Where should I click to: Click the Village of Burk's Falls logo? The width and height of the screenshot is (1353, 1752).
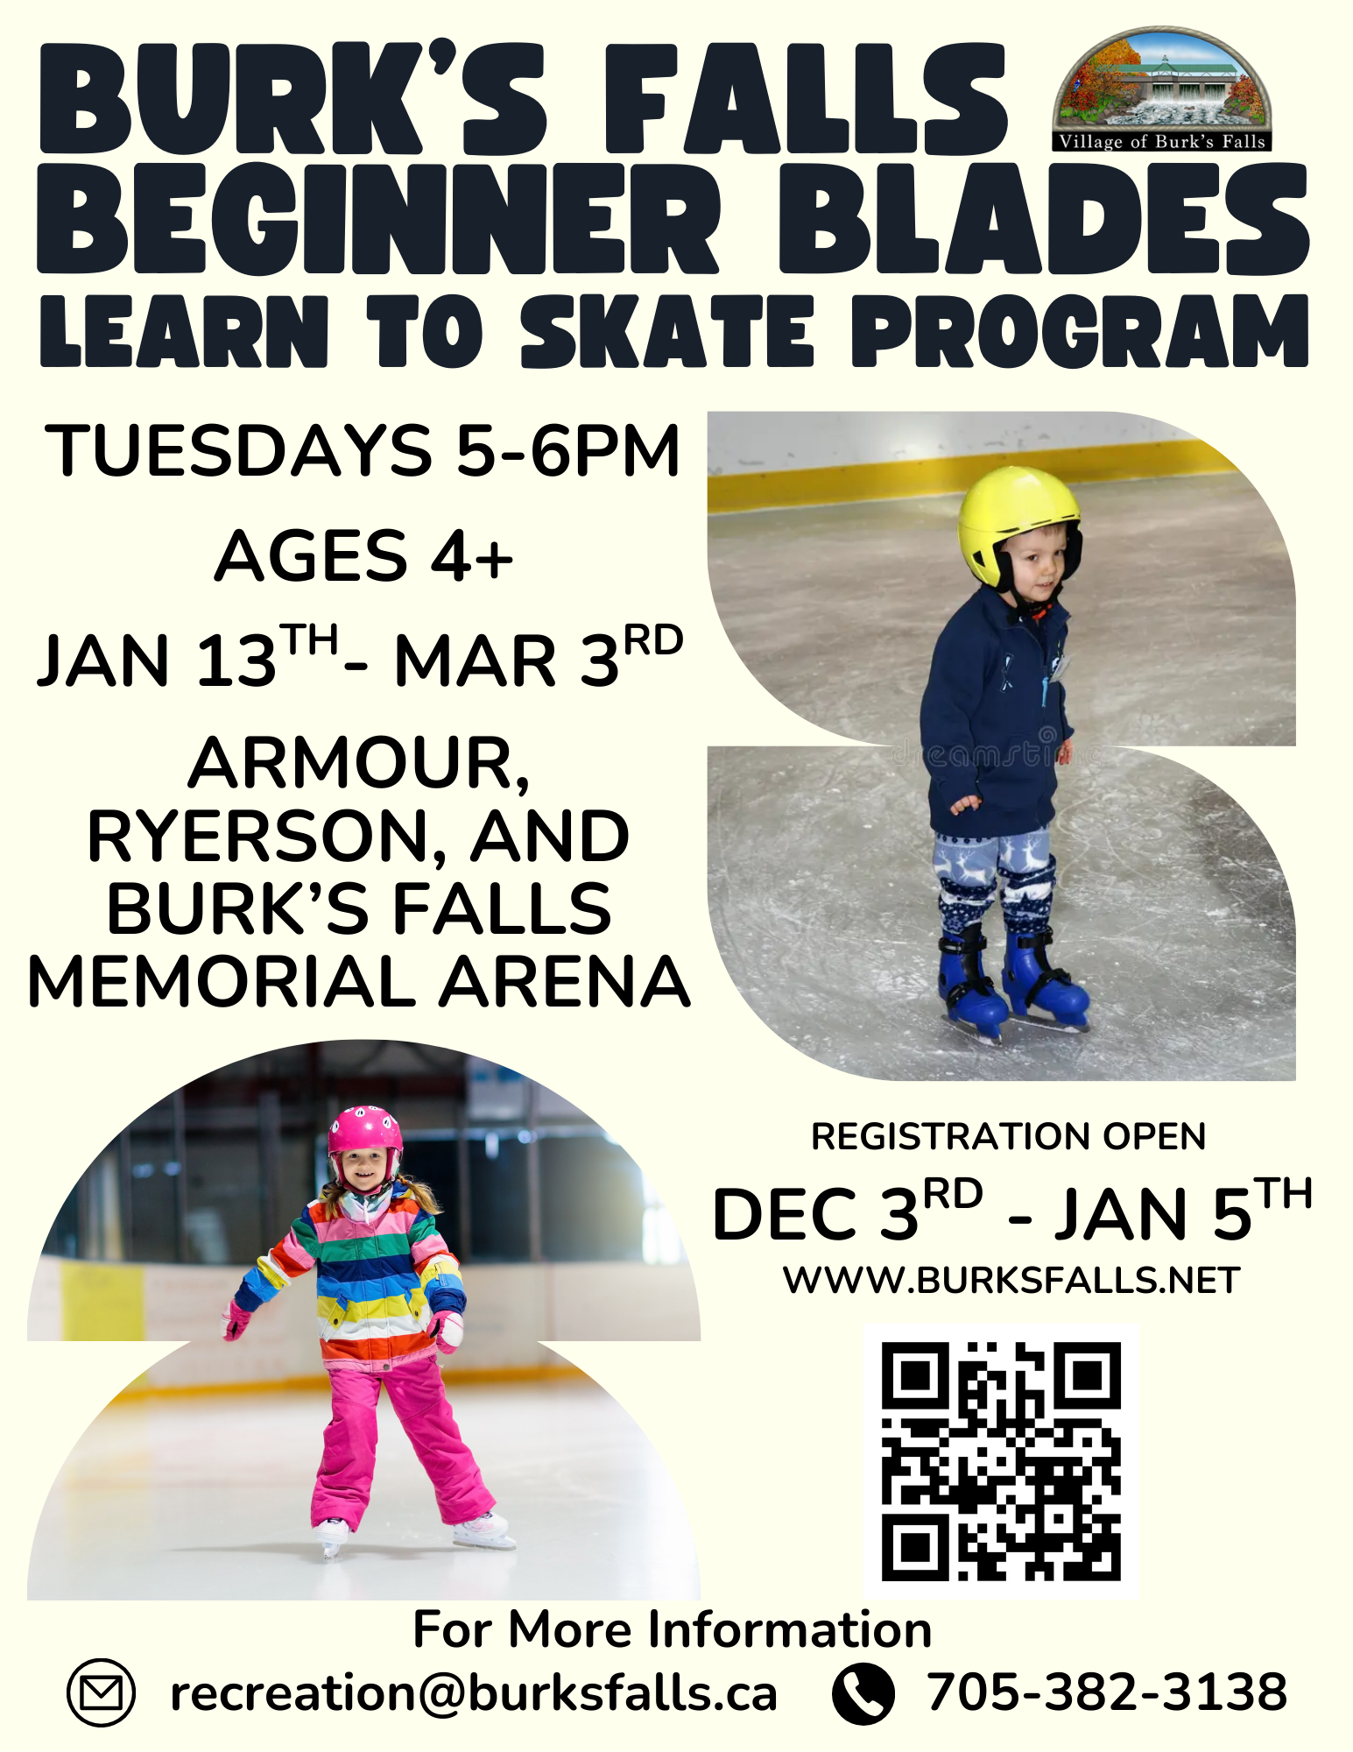(1162, 90)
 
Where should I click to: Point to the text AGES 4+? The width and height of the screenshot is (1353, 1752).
(363, 555)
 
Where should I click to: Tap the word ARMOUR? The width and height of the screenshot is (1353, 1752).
(359, 764)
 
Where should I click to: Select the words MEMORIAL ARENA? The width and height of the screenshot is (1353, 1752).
(359, 982)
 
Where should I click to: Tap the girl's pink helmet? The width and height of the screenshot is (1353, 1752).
(365, 1136)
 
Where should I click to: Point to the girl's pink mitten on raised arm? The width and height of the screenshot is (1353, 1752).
(236, 1320)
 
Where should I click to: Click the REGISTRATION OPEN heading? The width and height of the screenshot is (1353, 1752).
(1009, 1136)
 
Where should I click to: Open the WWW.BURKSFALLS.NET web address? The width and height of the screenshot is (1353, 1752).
(1011, 1280)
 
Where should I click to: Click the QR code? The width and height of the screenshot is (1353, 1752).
(1001, 1461)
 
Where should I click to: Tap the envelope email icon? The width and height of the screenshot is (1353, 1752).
(101, 1692)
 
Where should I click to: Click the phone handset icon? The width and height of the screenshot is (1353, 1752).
(863, 1693)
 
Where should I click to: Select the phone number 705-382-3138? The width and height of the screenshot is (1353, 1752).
(1107, 1692)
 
